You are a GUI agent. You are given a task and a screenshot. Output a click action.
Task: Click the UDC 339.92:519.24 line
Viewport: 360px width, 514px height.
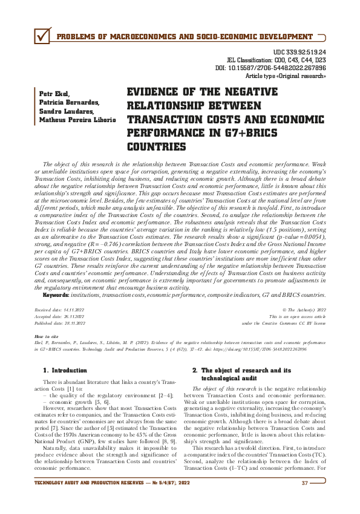[x=300, y=53]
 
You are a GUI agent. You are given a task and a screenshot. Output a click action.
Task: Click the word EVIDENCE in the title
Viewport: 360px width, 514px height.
[x=155, y=93]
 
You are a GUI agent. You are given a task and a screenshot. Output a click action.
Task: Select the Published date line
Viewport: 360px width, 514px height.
[x=61, y=324]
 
